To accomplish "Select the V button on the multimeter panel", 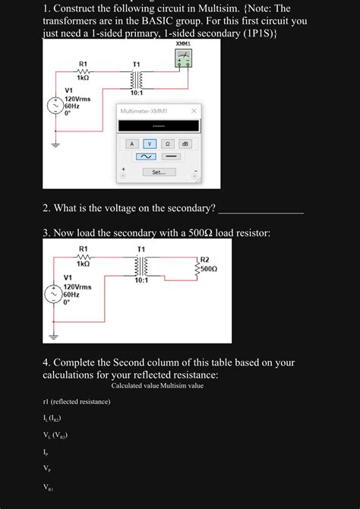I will click(x=150, y=143).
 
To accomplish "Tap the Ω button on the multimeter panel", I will click(x=168, y=143).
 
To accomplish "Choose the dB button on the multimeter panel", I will click(x=185, y=143).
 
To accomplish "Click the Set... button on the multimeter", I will click(x=159, y=172).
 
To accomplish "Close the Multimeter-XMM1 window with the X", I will click(x=194, y=111).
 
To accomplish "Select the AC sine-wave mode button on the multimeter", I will click(x=144, y=156).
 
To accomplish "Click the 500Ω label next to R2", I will click(x=209, y=268).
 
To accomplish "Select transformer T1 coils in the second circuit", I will click(x=140, y=266).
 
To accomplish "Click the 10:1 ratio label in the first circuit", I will click(x=136, y=93).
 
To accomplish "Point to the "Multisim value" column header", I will click(x=182, y=386).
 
